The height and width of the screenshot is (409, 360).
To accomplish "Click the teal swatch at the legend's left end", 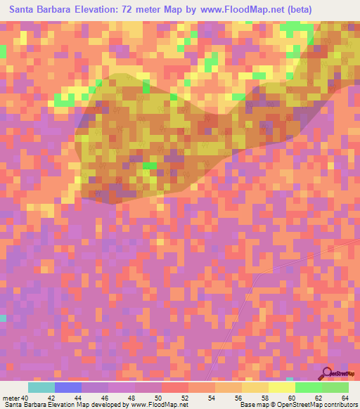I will click(41, 387).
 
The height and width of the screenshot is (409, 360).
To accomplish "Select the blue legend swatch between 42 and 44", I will click(68, 387).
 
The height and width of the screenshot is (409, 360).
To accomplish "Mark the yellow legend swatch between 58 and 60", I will click(281, 387).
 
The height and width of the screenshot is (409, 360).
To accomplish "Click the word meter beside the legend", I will click(11, 398).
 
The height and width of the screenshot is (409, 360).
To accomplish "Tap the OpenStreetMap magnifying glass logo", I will click(326, 372).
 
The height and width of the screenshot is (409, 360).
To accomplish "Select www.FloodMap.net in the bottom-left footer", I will click(155, 405).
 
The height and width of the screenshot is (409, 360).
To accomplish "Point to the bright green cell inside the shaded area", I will click(150, 167).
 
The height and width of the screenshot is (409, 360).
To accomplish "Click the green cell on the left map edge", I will click(3, 51).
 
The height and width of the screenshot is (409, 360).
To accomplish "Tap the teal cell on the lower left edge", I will click(3, 318).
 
